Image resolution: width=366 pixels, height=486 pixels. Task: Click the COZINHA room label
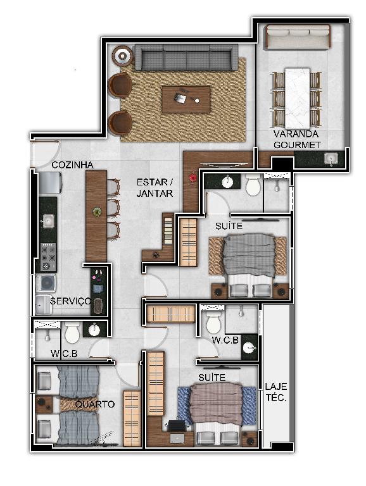pyautogui.click(x=72, y=165)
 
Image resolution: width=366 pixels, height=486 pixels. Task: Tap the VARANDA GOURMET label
pyautogui.click(x=297, y=139)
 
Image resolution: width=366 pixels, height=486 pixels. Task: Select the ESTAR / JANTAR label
pyautogui.click(x=155, y=187)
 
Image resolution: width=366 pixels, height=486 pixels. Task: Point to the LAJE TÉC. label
pyautogui.click(x=276, y=392)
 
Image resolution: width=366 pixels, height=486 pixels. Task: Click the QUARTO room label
pyautogui.click(x=94, y=404)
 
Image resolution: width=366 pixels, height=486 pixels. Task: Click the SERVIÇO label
pyautogui.click(x=71, y=301)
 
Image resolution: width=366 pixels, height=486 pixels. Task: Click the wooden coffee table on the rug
pyautogui.click(x=186, y=99)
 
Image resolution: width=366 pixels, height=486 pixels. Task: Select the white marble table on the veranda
pyautogui.click(x=297, y=98)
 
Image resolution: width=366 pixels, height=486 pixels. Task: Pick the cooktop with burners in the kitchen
pyautogui.click(x=48, y=257)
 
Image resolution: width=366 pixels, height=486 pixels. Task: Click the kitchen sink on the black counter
pyautogui.click(x=47, y=221)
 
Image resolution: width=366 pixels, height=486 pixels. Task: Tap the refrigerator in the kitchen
pyautogui.click(x=49, y=182)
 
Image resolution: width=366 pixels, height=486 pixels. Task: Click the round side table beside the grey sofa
pyautogui.click(x=122, y=56)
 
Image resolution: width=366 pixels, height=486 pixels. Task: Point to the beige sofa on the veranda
pyautogui.click(x=297, y=37)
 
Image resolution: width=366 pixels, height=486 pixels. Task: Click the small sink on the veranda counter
pyautogui.click(x=331, y=159)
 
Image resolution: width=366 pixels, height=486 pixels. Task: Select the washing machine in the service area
pyautogui.click(x=46, y=283)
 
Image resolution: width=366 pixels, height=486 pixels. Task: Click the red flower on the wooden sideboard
pyautogui.click(x=193, y=178)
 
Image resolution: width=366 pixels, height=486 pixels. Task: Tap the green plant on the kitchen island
pyautogui.click(x=97, y=212)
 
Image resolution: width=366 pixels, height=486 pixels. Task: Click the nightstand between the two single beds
pyautogui.click(x=44, y=404)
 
